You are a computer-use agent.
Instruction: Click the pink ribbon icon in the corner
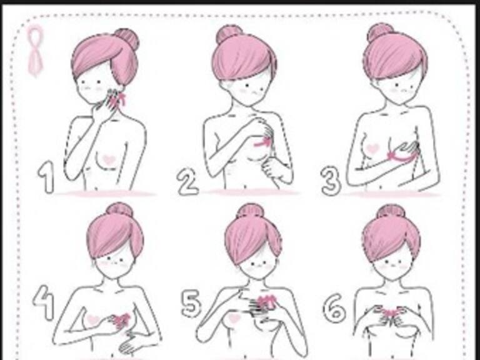click(35, 51)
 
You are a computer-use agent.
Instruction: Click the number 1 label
click(46, 177)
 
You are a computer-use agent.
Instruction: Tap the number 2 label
click(187, 182)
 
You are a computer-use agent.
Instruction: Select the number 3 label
click(331, 181)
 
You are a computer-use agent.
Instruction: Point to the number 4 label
click(44, 302)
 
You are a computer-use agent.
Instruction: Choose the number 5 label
click(191, 303)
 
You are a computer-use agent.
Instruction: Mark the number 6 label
click(335, 307)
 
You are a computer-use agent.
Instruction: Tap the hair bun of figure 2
click(229, 34)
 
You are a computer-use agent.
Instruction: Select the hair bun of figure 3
click(380, 32)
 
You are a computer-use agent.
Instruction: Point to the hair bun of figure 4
click(120, 210)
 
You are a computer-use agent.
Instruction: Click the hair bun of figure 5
click(251, 211)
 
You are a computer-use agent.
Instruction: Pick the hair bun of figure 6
click(391, 212)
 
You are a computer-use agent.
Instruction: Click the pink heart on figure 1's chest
click(109, 160)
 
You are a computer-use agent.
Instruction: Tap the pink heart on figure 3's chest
click(372, 149)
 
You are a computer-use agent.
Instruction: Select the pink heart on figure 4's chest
click(92, 320)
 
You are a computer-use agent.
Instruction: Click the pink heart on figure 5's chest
click(234, 318)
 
